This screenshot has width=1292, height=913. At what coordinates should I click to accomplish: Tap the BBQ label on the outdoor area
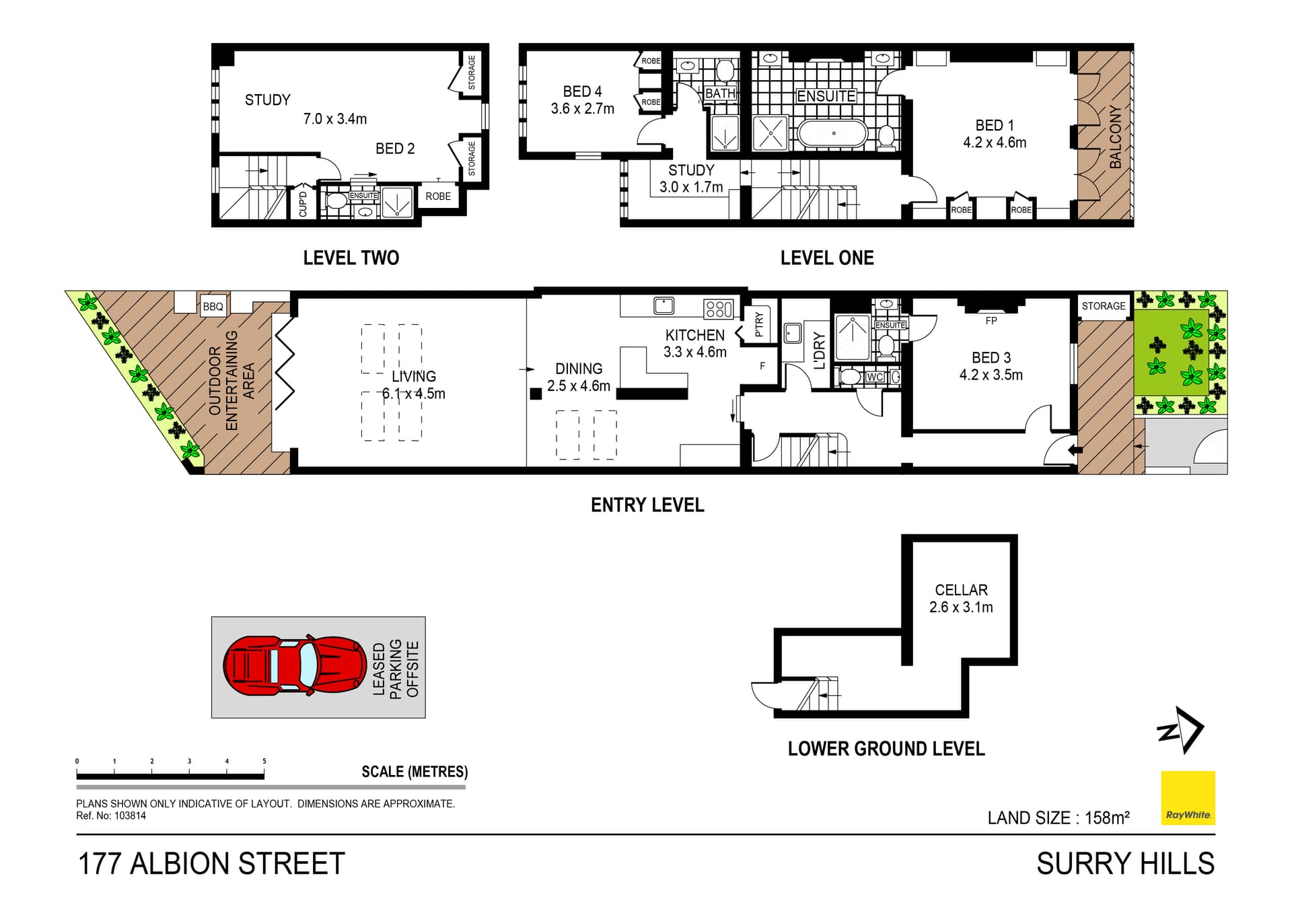coord(213,307)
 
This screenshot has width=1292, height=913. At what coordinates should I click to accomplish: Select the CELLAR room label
coord(961,590)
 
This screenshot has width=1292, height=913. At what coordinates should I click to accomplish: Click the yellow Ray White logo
coord(1188,798)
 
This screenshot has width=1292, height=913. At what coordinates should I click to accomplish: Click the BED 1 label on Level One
coord(994,125)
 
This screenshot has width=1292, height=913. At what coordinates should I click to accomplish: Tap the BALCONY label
coord(1115,137)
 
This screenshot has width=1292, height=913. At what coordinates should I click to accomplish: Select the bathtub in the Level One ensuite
coord(832,133)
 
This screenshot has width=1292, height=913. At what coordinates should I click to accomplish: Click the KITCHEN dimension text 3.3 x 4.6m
coord(694,352)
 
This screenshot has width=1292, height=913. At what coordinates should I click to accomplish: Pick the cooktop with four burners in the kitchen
coord(718,309)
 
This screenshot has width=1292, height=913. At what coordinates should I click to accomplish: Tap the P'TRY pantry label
coord(759,324)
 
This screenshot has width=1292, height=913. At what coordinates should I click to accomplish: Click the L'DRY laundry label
coord(819,350)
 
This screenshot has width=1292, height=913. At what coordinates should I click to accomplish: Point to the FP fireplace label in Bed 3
coord(991,321)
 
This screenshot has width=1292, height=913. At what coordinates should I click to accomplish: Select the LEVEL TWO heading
coord(351,258)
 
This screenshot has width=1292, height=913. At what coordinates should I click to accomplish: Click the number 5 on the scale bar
coord(264,761)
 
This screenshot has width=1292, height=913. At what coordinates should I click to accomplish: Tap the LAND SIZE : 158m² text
coord(1058,818)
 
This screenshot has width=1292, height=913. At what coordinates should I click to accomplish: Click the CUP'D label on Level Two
coord(303,204)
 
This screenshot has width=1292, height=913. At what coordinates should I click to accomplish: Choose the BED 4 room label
coord(582,92)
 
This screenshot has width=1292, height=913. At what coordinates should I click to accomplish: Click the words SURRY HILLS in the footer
coord(1125,863)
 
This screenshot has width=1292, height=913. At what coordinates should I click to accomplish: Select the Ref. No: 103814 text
coord(111,815)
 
